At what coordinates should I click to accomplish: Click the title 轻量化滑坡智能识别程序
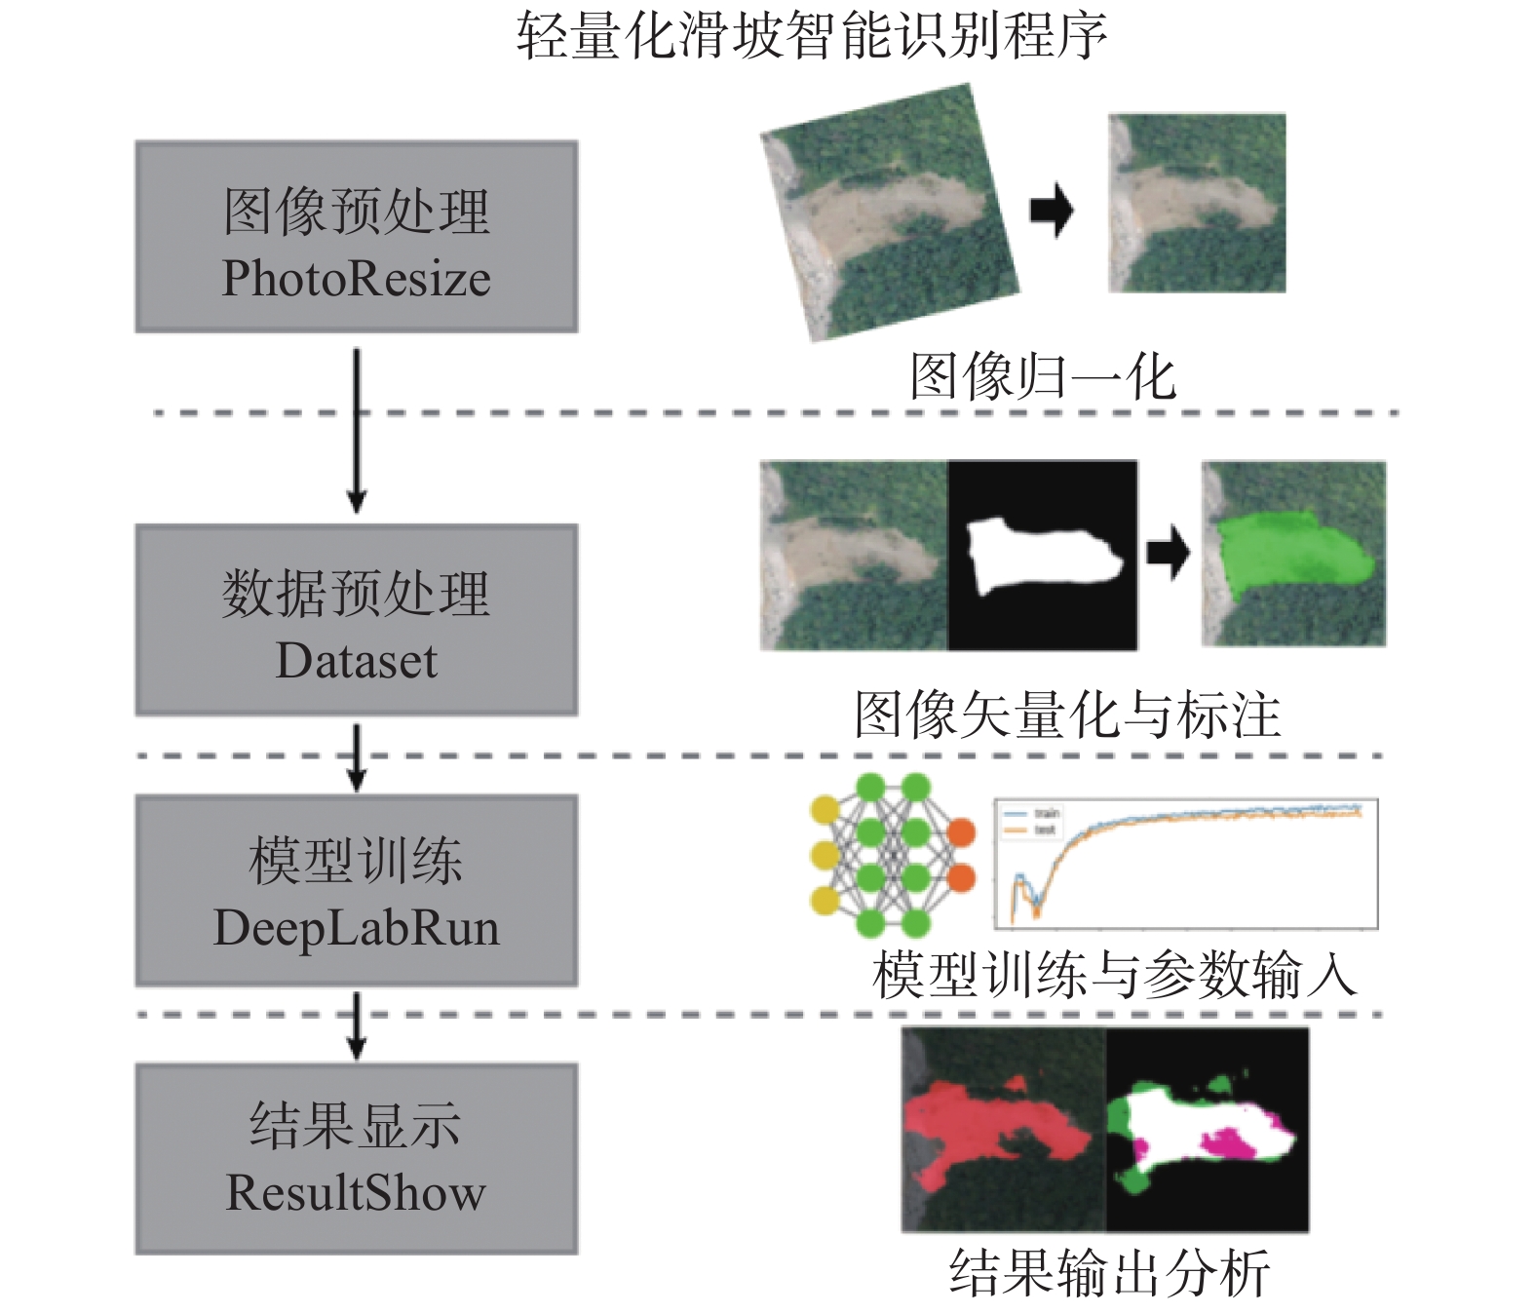tap(811, 37)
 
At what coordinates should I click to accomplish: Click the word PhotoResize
tap(357, 279)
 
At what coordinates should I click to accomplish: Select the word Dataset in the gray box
tap(357, 661)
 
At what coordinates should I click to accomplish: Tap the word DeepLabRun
tap(357, 928)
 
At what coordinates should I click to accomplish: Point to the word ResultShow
tap(357, 1193)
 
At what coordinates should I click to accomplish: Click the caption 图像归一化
tap(1043, 377)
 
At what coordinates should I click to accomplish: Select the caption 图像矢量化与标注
tap(1067, 715)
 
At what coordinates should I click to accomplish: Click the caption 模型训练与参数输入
tap(1114, 974)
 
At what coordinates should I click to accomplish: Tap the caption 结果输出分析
tap(1109, 1273)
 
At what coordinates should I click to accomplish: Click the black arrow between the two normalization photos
tap(1052, 211)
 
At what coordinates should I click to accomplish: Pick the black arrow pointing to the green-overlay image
tap(1168, 554)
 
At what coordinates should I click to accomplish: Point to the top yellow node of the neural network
tap(825, 809)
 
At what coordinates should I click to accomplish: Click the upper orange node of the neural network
tap(961, 832)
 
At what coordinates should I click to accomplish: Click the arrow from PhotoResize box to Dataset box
tap(357, 429)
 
